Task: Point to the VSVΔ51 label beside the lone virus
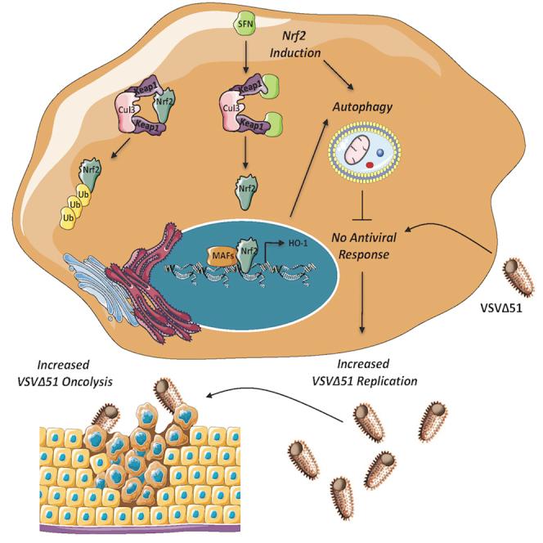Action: [505, 309]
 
